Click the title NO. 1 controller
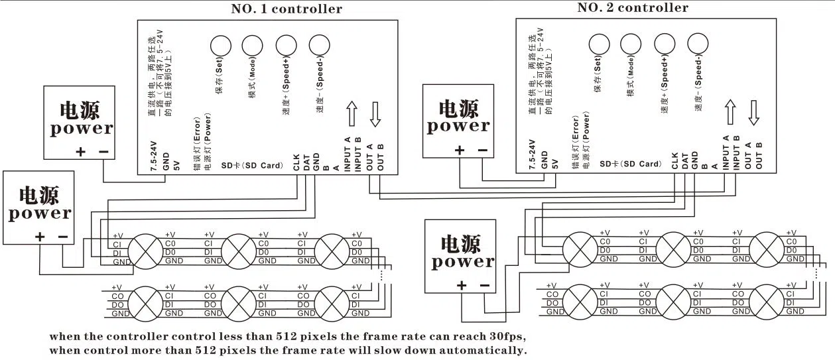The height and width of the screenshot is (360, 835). coord(287,9)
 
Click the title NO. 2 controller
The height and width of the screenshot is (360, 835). coord(632,8)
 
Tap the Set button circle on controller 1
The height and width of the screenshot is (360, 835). coord(220,45)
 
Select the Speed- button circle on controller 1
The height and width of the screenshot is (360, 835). coord(320,45)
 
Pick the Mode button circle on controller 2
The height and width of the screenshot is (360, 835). coord(631,43)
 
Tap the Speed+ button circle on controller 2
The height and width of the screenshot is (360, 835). coord(664,43)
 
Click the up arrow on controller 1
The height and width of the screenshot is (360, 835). coord(352,113)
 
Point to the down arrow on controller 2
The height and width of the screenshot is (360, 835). coord(753,112)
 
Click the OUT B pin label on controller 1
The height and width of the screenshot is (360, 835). coord(380,156)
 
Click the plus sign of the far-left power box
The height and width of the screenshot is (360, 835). coord(40,236)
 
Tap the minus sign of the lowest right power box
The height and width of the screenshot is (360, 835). coord(484,285)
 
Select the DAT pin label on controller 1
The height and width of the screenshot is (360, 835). coord(306,162)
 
